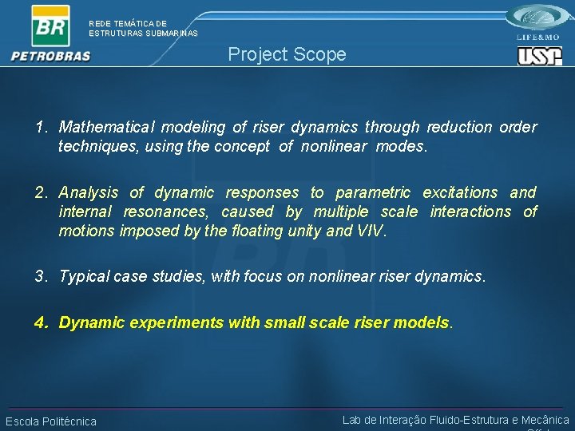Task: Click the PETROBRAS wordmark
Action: coord(51,56)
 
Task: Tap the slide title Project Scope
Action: coord(287,54)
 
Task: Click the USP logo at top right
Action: coord(539,56)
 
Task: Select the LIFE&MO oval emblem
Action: coord(539,17)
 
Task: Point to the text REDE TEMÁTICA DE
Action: coord(128,24)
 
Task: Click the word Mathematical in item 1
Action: coord(109,127)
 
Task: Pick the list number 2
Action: coord(39,192)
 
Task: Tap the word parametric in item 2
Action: coord(373,192)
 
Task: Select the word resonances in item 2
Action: coord(167,212)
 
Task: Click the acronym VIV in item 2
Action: coord(371,231)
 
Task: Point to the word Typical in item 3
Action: coord(84,277)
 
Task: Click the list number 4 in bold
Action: coord(40,322)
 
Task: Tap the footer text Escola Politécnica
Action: coord(51,421)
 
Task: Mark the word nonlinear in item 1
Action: coord(334,147)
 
